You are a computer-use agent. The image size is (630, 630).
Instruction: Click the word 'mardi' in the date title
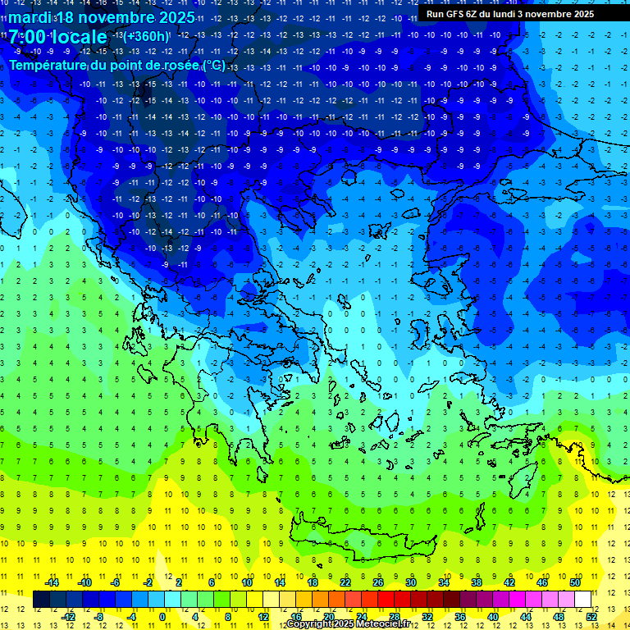click(28, 17)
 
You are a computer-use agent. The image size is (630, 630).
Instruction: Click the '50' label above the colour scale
click(574, 582)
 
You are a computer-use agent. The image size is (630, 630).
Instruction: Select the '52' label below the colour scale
click(591, 617)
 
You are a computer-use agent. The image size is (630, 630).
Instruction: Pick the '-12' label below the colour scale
click(67, 617)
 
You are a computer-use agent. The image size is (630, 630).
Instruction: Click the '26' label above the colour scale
click(378, 582)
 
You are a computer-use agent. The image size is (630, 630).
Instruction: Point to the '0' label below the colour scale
click(162, 617)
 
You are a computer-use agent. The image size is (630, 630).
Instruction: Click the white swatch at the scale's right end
click(582, 600)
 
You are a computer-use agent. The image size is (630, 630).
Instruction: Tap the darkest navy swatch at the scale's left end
click(41, 600)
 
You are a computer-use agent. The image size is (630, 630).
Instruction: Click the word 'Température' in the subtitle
click(48, 65)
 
